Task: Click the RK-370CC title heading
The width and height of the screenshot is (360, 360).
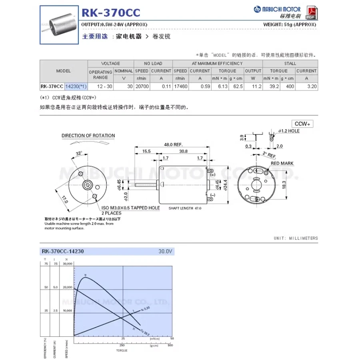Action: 111,13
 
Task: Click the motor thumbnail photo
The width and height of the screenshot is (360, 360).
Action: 59,25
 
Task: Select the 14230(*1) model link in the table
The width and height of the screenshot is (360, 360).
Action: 75,86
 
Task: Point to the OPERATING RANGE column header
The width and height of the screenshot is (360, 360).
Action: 100,74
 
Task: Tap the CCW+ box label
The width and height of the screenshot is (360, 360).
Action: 302,124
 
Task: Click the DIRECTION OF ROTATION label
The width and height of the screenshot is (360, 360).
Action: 88,136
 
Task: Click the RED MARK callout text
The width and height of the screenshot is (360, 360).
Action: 282,164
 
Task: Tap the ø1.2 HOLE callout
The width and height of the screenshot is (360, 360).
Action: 288,131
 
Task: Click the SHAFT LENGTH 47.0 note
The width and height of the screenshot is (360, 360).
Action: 185,208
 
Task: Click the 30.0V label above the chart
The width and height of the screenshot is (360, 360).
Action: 165,252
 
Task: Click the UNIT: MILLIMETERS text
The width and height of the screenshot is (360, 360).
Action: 296,238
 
